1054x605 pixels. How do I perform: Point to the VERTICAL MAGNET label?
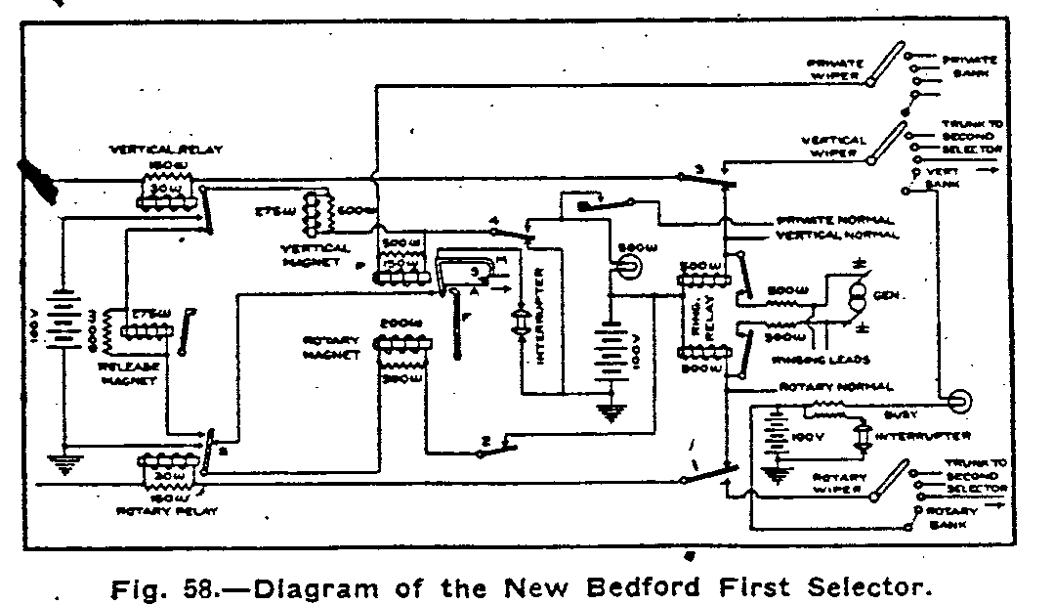point(308,256)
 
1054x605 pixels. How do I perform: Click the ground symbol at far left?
point(66,461)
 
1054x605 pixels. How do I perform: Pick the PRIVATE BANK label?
point(967,65)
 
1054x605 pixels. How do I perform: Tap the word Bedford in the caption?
point(669,589)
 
